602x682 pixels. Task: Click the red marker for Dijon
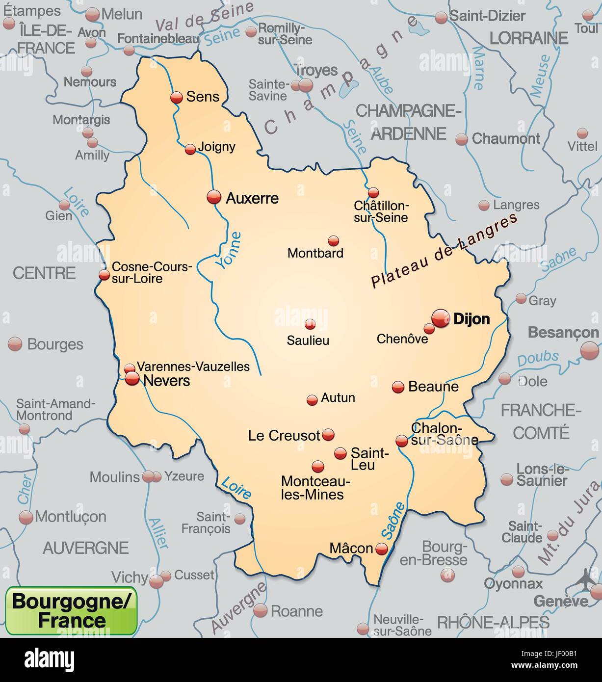click(440, 319)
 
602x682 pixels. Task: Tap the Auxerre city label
click(252, 198)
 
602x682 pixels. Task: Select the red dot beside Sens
click(176, 97)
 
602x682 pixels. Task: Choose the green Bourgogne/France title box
click(71, 610)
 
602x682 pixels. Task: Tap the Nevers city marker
click(132, 378)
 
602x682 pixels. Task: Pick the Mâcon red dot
click(381, 549)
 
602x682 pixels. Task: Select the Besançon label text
click(563, 332)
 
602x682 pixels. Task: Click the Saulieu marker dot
click(310, 324)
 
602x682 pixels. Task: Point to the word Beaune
click(433, 387)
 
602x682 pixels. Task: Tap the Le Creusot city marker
click(328, 434)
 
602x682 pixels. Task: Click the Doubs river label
click(538, 358)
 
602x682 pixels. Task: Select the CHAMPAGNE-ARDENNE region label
click(409, 122)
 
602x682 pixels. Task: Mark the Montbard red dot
click(334, 240)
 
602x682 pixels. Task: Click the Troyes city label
click(316, 71)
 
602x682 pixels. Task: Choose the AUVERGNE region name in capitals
click(86, 548)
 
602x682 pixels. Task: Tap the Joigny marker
click(190, 150)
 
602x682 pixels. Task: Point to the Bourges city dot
click(15, 344)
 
